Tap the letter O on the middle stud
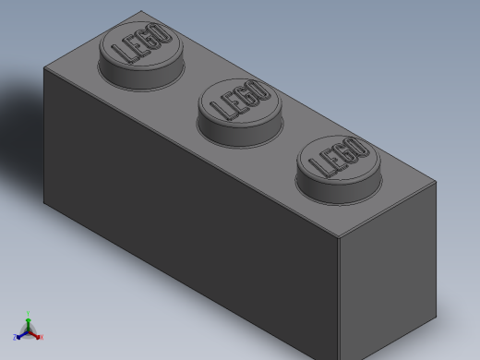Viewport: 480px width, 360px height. point(260,90)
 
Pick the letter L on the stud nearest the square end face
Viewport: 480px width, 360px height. point(318,168)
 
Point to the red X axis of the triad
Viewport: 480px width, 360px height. point(38,337)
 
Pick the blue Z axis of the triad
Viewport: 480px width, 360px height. point(18,337)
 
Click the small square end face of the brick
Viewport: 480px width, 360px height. point(388,277)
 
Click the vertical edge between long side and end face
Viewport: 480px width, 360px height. point(339,295)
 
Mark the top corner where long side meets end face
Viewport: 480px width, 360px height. point(339,237)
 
